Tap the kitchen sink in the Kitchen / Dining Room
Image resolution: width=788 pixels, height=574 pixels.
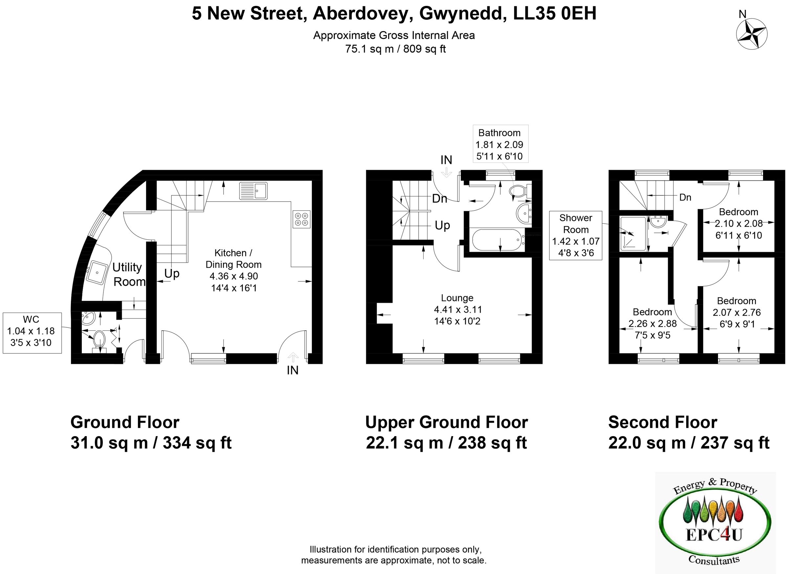coord(253,191)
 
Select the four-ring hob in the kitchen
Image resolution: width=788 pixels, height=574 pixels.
coord(301,219)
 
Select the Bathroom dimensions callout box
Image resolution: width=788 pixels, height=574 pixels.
coord(500,144)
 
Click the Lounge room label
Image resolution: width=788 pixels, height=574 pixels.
coord(457,298)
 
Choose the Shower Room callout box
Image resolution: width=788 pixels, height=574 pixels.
coord(576,235)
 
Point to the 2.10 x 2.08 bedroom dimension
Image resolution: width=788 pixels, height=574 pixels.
coord(738,224)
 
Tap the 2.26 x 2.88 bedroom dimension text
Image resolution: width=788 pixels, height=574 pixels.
coord(652,323)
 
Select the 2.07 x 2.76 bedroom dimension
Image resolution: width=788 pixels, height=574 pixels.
coord(736,312)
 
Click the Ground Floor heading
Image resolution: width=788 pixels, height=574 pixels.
coord(125,423)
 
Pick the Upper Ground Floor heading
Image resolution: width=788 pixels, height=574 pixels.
coord(447,423)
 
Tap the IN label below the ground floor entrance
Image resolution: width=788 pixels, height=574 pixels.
coord(293,370)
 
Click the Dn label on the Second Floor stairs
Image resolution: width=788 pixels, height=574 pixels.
coord(685,197)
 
